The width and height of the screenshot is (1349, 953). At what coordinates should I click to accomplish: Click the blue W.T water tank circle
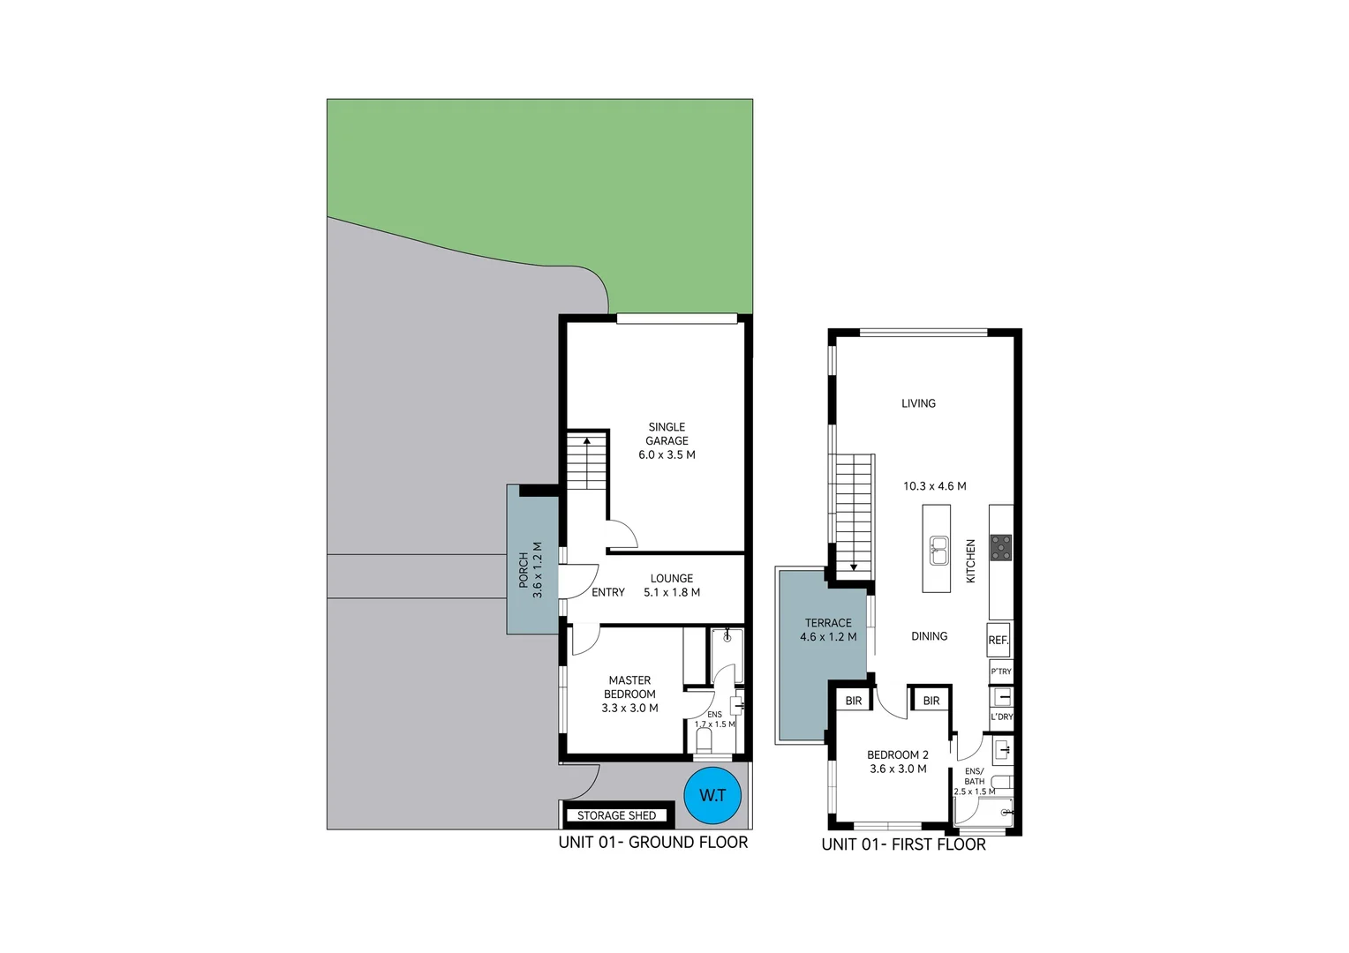point(712,795)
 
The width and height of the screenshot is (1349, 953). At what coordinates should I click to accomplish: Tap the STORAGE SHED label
point(616,815)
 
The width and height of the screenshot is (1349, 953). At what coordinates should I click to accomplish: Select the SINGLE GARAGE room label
point(667,440)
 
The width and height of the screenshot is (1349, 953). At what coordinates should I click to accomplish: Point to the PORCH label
point(530,570)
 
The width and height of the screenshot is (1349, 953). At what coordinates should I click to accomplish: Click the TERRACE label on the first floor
point(828,623)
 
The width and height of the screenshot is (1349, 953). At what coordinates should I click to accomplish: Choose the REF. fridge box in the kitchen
point(999,640)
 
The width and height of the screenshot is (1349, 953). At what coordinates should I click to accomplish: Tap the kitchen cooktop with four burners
point(1000,547)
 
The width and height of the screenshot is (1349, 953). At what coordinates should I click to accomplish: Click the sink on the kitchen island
point(938,551)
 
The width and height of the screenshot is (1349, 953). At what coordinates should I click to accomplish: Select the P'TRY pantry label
point(1001,672)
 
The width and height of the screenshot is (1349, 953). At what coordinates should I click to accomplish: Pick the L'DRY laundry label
point(1002,717)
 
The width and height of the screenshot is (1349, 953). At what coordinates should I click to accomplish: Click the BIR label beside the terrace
point(854,701)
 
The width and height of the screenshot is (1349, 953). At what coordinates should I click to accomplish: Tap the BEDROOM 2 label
point(898,755)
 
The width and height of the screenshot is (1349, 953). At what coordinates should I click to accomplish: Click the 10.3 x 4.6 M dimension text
point(934,486)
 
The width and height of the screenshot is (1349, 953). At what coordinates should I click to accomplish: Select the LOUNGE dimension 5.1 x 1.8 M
point(672,592)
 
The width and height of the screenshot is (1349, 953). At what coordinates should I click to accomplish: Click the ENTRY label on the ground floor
point(608,592)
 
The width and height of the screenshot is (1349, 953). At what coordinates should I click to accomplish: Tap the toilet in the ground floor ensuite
point(704,741)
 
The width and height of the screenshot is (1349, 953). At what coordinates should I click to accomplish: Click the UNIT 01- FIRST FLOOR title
point(903,844)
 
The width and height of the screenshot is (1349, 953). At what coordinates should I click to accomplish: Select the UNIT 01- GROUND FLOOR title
point(652,843)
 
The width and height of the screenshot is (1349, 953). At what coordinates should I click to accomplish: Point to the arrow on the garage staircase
point(587,439)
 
